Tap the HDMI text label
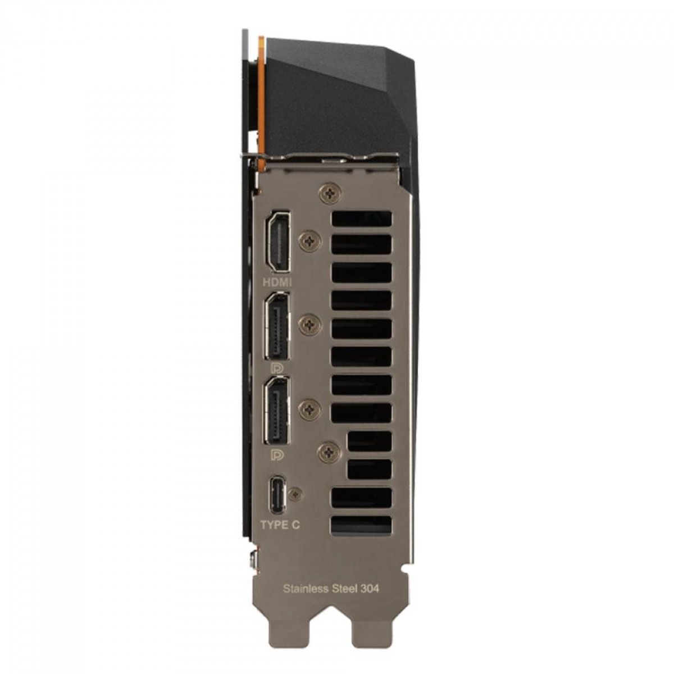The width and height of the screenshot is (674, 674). (x=277, y=283)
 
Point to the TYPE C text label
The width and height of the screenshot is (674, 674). (x=280, y=525)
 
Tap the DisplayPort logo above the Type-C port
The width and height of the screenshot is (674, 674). (x=276, y=454)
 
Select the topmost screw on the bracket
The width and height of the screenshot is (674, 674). (x=330, y=193)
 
